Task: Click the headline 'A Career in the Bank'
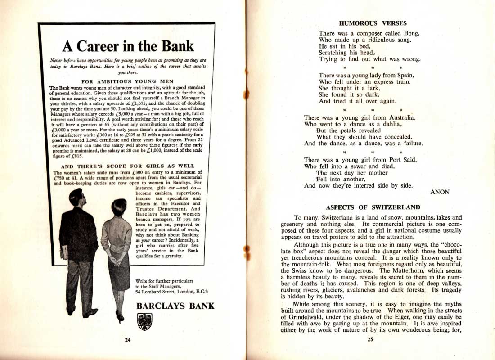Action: click(128, 46)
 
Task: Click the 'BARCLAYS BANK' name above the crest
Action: click(175, 306)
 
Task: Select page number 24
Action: click(128, 340)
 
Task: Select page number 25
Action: click(370, 340)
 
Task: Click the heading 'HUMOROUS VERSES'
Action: click(373, 23)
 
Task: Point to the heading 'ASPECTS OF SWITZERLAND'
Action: click(373, 207)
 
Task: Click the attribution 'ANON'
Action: click(440, 192)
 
